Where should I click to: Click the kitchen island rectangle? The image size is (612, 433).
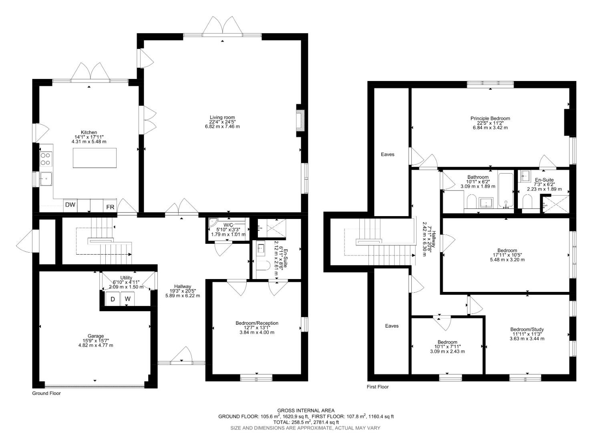(95, 158)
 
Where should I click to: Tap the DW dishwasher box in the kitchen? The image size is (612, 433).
(70, 205)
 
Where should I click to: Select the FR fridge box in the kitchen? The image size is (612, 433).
(110, 207)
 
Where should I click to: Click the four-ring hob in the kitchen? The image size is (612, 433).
(45, 159)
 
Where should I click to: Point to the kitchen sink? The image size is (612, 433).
(46, 179)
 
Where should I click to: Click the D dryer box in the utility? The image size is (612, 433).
(113, 299)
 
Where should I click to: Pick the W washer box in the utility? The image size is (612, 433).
(127, 299)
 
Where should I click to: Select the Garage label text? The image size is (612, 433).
(96, 336)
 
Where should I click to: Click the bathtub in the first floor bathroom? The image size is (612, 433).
(505, 189)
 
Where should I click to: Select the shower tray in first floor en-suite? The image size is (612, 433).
(555, 204)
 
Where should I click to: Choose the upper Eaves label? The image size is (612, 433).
(387, 154)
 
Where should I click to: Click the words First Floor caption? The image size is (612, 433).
(378, 387)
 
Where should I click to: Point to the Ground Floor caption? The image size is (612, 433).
(46, 393)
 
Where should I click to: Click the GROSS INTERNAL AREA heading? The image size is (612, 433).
(306, 410)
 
